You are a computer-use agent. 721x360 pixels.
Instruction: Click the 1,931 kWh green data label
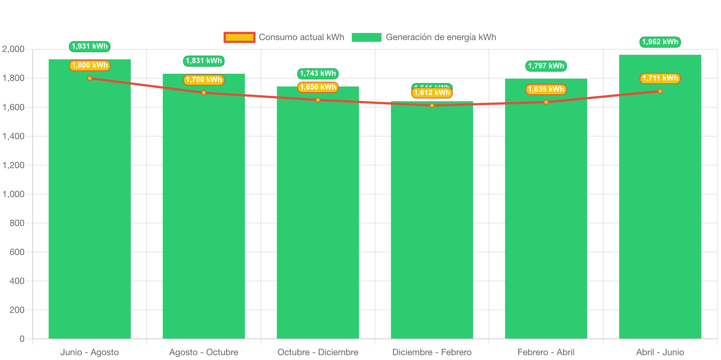(89, 46)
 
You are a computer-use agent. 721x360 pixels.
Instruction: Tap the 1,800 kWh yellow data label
(89, 65)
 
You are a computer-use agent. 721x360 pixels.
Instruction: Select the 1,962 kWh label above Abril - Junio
(660, 42)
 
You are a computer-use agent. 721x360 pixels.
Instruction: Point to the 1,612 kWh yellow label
(432, 93)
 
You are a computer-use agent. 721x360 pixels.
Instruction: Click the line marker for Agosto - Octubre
(204, 93)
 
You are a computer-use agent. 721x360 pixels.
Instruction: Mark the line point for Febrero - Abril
(546, 102)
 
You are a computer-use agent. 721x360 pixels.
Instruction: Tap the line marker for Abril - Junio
(660, 91)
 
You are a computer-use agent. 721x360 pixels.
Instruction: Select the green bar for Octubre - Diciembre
(318, 215)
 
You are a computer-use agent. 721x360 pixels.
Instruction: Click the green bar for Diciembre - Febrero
(432, 223)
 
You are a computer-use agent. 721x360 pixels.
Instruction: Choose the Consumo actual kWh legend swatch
(239, 37)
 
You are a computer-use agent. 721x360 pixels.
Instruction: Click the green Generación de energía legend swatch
(366, 37)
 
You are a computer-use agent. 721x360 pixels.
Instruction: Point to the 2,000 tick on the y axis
(13, 49)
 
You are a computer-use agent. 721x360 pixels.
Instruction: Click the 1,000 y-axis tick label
(13, 194)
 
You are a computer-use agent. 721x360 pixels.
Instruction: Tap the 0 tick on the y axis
(22, 339)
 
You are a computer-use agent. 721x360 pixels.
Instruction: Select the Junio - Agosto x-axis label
(89, 352)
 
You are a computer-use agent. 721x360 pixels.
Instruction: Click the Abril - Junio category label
(660, 352)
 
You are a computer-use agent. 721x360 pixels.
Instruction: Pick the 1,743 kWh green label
(318, 73)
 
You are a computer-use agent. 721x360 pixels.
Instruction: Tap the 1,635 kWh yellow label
(546, 89)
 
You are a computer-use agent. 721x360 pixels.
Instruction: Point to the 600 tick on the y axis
(17, 252)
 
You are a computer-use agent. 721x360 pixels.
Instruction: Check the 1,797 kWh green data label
(546, 66)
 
